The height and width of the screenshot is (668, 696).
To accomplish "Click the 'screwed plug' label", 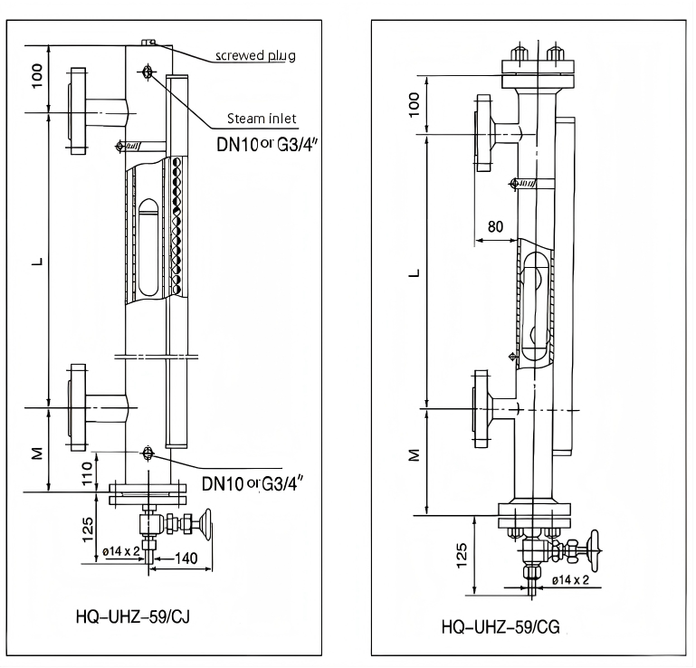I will [x=255, y=55].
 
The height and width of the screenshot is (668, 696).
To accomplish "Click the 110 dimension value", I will [x=88, y=471].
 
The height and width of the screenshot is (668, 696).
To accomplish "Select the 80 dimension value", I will [x=495, y=226].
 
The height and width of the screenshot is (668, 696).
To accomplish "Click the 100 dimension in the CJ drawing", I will [x=37, y=77].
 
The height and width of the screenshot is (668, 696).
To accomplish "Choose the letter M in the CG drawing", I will [x=415, y=456].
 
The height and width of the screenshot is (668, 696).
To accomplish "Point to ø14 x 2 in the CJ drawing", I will [x=119, y=550].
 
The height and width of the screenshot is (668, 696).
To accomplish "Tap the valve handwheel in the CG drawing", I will [x=595, y=549].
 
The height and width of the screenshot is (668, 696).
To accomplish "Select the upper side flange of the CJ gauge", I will [x=75, y=111].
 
